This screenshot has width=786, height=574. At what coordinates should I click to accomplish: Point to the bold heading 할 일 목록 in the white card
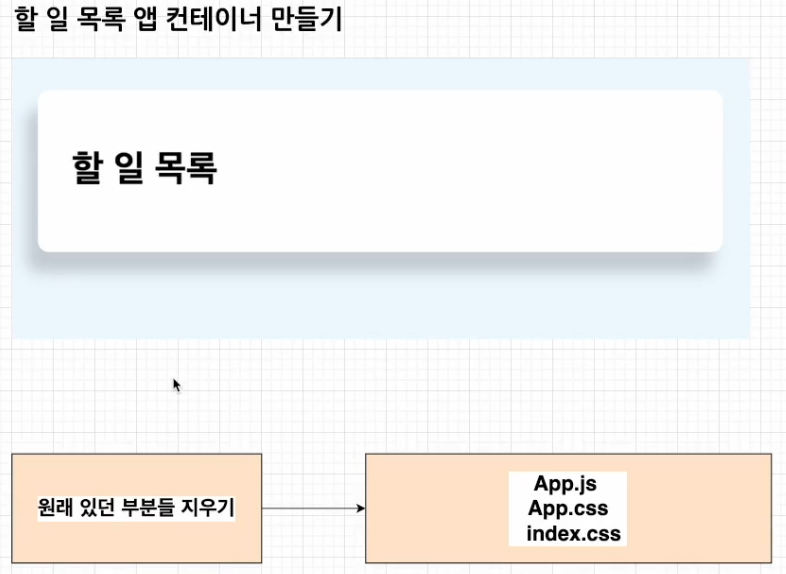(145, 167)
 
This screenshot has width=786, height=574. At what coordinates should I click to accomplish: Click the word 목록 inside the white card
(187, 167)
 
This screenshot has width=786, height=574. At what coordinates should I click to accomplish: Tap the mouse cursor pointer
(176, 384)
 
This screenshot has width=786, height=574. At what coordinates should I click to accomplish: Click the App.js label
(565, 484)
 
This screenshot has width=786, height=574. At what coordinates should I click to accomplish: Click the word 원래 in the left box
(57, 507)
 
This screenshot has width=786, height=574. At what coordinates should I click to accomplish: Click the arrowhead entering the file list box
(360, 508)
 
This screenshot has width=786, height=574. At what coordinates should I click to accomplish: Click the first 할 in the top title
(26, 21)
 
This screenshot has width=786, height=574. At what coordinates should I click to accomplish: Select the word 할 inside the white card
(88, 167)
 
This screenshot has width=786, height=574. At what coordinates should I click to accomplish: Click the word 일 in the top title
(59, 21)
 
